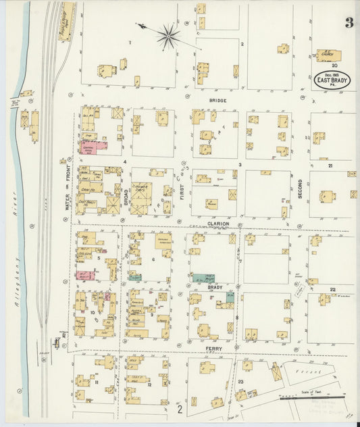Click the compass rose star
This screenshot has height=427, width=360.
[x=168, y=36]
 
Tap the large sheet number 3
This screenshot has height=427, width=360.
[x=349, y=23]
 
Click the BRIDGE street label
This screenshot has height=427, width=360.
[x=217, y=101]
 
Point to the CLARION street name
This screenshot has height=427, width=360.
[x=218, y=223]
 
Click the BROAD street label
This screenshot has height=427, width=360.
[x=126, y=196]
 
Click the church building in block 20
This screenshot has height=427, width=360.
[x=329, y=55]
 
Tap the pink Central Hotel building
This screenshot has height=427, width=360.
[x=95, y=146]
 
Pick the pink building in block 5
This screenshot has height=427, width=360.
[x=84, y=276]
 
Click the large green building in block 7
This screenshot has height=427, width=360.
[x=203, y=278]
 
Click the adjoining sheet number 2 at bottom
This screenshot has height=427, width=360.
[x=180, y=409]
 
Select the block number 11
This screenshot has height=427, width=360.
[x=97, y=382]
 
